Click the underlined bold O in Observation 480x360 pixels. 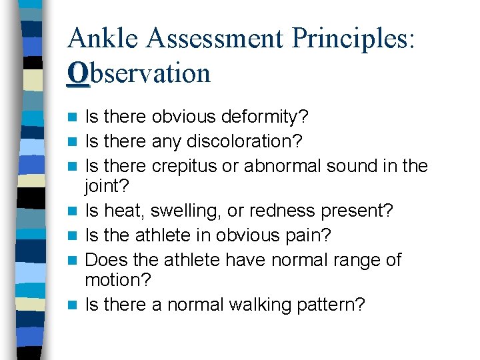(77, 73)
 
